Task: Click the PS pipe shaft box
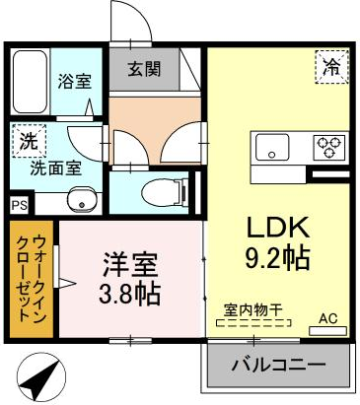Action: coord(19,205)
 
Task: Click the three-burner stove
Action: coord(327,147)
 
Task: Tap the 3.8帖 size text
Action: coord(131,294)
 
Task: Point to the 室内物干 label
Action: coord(251,310)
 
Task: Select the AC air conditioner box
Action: coord(328,319)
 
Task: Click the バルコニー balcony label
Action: coord(278,364)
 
